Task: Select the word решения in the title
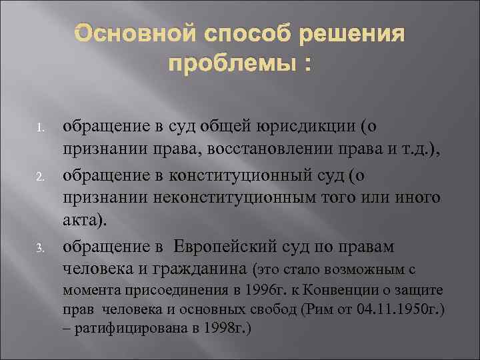click(x=355, y=35)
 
